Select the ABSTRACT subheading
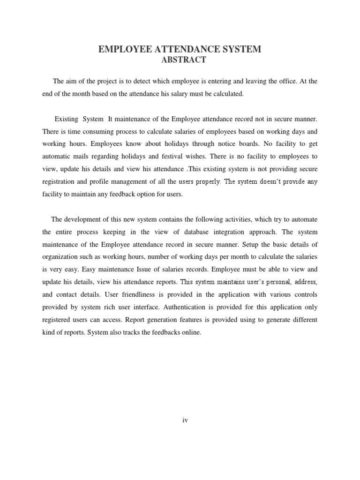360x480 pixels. point(180,60)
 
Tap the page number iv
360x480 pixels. point(185,420)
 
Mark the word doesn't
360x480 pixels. point(263,182)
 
